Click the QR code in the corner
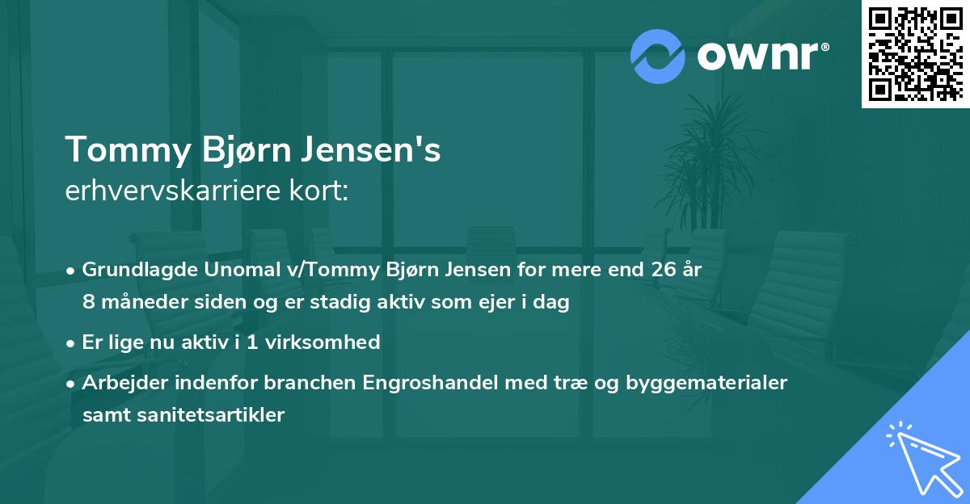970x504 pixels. pos(915,53)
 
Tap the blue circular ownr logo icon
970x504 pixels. pos(659,55)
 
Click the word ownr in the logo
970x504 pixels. pos(760,55)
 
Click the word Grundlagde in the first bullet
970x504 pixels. pos(134,270)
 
